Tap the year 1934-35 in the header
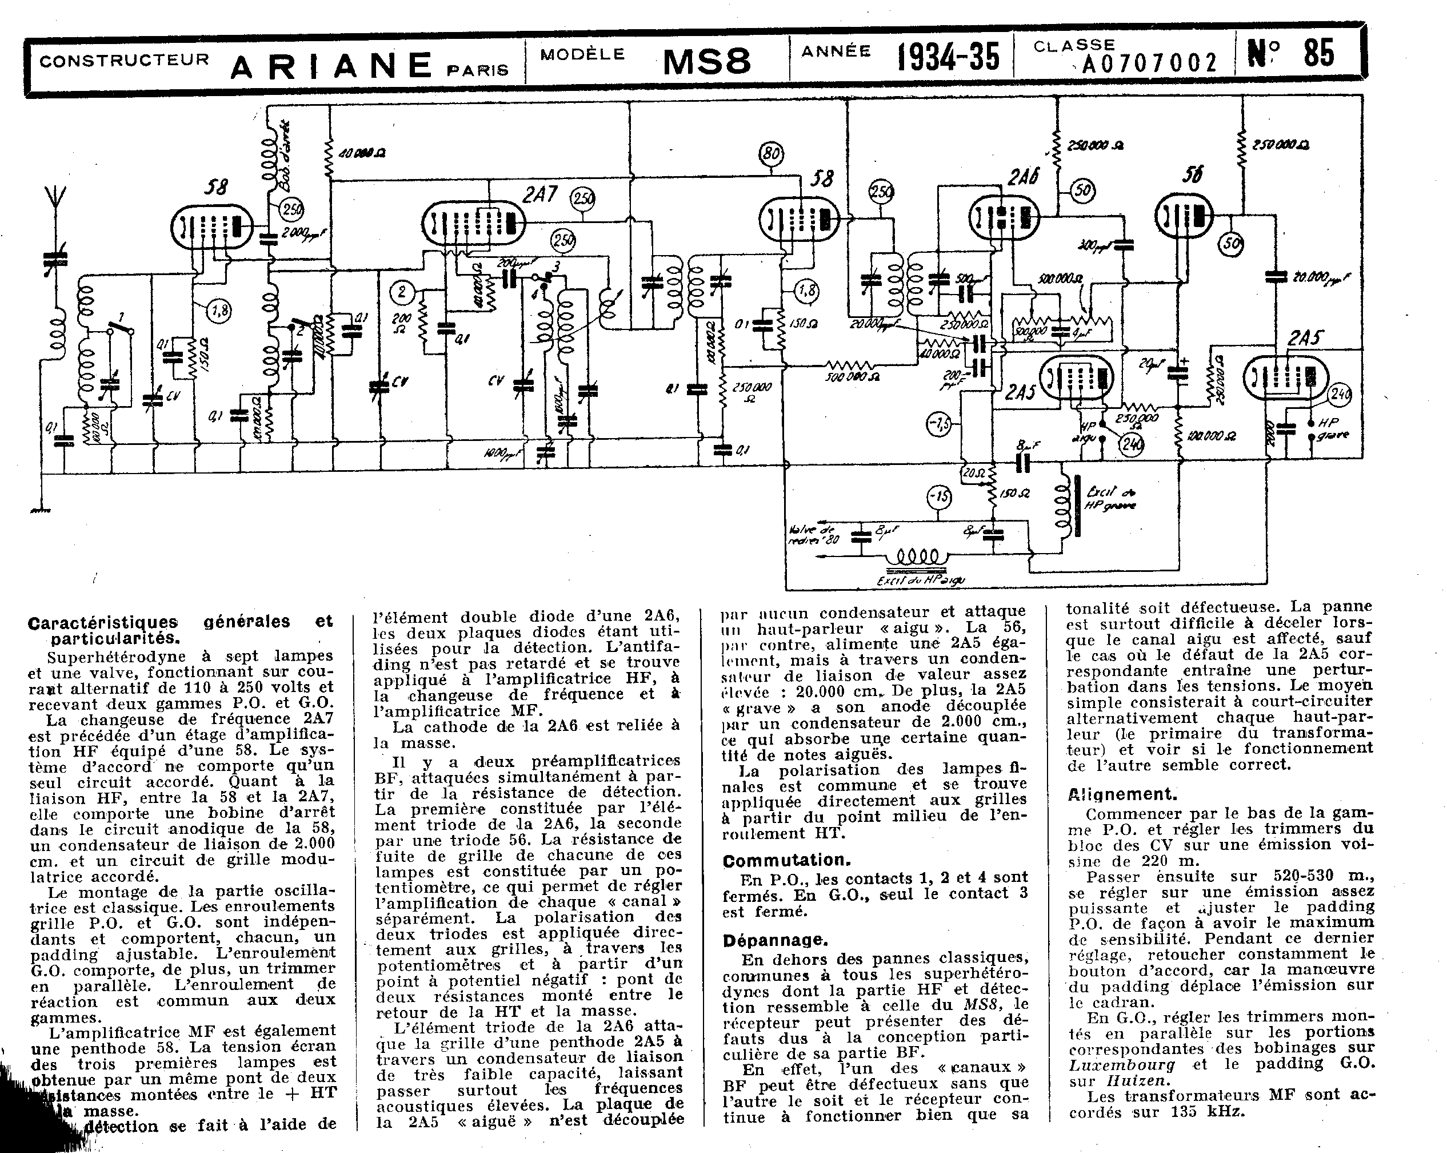pyautogui.click(x=948, y=57)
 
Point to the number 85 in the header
pyautogui.click(x=1318, y=54)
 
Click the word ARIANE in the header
pyautogui.click(x=331, y=66)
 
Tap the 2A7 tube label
pyautogui.click(x=539, y=195)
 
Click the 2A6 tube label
pyautogui.click(x=1023, y=177)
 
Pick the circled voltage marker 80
pyautogui.click(x=771, y=154)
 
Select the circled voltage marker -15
pyautogui.click(x=939, y=498)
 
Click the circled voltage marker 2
pyautogui.click(x=402, y=292)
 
